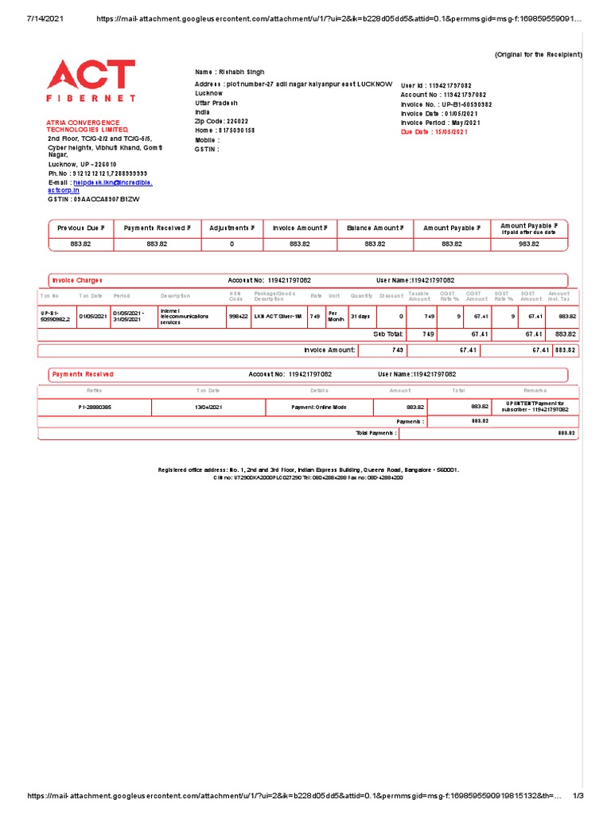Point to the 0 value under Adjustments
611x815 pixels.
click(x=232, y=244)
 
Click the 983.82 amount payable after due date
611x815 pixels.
click(x=529, y=244)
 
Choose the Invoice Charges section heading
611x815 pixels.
click(x=77, y=280)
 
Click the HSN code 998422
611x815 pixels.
click(x=238, y=316)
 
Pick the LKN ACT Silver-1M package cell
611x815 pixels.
click(x=278, y=316)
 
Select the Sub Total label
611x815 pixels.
click(x=378, y=334)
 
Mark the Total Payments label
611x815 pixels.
click(x=374, y=432)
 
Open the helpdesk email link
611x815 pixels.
click(x=112, y=182)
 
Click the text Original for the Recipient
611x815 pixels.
click(x=538, y=54)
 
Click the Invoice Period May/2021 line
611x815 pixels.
click(x=441, y=123)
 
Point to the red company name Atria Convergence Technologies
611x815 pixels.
click(x=87, y=126)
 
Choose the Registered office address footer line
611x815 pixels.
click(x=309, y=470)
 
